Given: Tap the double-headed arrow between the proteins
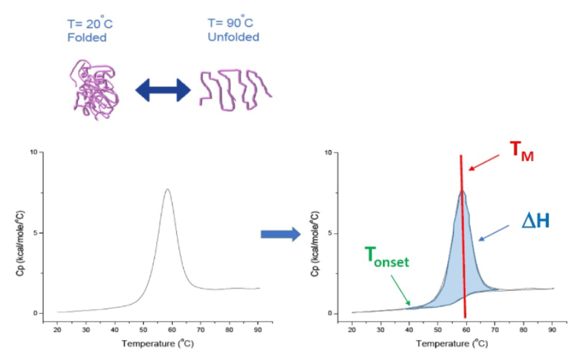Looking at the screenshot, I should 163,90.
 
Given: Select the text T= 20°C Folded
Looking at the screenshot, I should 90,31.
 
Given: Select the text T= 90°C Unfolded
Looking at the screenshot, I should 233,31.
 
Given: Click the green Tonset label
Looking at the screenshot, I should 387,259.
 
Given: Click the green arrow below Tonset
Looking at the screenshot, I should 399,293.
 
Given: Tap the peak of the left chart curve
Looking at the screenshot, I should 168,189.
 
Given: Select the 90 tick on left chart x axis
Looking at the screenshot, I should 258,328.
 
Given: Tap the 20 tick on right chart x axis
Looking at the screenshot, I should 352,328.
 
